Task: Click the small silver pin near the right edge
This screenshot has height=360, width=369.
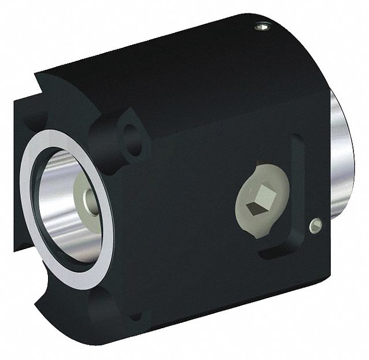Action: point(315,226)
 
